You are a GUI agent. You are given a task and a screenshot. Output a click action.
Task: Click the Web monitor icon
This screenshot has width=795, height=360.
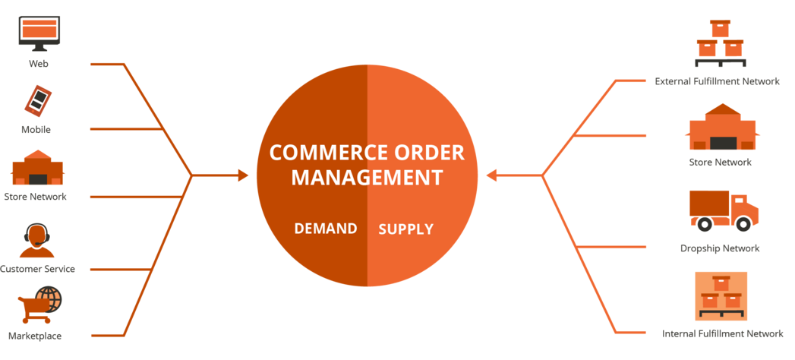(39, 33)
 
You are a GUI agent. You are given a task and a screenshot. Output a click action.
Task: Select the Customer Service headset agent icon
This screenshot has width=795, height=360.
(36, 241)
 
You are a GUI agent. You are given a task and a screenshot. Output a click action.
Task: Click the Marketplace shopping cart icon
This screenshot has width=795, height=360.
(39, 306)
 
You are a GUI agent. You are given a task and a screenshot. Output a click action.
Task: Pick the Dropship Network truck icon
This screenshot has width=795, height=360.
(724, 210)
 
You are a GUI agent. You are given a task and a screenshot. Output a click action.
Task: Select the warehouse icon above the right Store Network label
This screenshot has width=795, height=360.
(721, 128)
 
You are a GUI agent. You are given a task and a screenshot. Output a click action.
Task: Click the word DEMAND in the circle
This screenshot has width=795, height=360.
(326, 229)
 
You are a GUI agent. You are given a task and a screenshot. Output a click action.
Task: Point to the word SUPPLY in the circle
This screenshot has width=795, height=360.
(406, 229)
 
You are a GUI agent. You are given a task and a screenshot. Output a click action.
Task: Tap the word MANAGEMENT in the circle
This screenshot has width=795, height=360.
(368, 178)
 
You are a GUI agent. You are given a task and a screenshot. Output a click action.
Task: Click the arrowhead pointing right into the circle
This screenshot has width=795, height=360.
(243, 175)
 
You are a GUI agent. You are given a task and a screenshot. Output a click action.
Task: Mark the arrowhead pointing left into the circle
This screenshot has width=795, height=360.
(491, 175)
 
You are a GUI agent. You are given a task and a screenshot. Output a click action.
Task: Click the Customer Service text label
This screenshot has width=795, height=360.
(37, 269)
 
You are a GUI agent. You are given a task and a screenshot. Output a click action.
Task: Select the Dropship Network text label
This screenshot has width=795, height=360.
(720, 248)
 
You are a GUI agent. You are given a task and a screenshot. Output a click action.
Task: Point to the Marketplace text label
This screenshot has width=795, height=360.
(35, 336)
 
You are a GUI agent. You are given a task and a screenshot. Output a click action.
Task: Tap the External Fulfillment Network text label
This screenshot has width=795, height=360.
(717, 81)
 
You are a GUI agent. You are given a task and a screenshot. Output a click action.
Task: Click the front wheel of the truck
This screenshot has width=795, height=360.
(743, 223)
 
